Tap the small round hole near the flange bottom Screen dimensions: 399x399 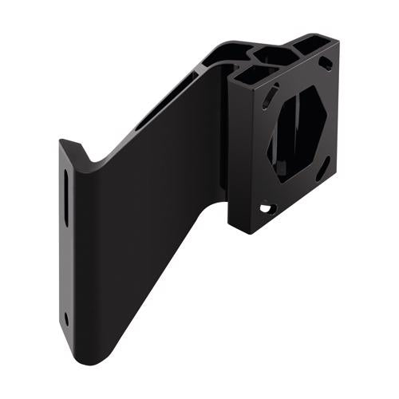[x=66, y=317]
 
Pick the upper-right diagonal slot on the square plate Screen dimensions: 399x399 [x=326, y=64]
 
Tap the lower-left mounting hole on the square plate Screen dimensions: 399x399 [x=265, y=209]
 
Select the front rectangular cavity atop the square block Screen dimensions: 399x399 [x=249, y=73]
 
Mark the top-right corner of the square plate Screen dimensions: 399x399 [x=338, y=43]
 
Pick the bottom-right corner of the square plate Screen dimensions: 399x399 [x=337, y=178]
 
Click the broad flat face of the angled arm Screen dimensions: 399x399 [x=144, y=239]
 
